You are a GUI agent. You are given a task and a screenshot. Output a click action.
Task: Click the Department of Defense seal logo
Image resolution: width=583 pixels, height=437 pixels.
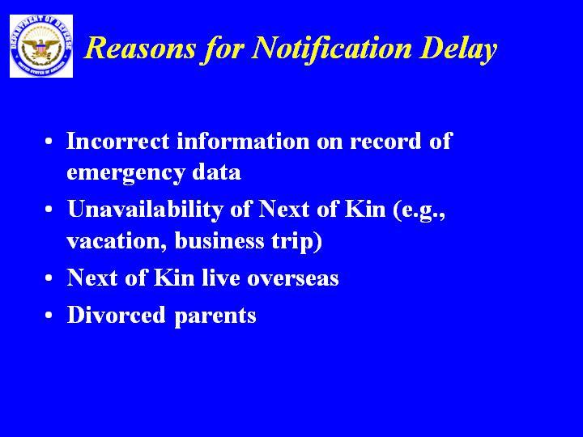(41, 46)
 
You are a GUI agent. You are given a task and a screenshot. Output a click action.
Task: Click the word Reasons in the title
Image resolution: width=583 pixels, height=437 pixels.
(140, 48)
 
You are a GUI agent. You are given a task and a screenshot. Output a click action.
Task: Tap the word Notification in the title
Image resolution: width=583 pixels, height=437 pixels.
(331, 49)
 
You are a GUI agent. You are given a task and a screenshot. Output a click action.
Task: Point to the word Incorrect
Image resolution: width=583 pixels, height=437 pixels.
(118, 141)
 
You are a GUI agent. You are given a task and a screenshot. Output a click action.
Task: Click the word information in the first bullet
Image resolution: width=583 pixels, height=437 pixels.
(243, 141)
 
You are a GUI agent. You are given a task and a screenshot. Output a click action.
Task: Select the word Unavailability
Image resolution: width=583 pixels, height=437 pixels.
(145, 210)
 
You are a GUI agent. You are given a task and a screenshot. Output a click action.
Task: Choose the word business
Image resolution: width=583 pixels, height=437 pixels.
(219, 240)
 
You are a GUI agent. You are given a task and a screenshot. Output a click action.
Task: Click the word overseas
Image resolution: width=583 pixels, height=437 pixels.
(293, 278)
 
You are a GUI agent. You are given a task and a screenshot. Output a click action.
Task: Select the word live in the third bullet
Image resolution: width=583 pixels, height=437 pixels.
(221, 277)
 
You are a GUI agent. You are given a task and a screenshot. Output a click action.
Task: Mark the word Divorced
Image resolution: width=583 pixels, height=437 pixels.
(116, 315)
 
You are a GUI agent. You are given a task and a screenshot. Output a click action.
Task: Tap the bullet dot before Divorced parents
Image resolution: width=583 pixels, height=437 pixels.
(49, 315)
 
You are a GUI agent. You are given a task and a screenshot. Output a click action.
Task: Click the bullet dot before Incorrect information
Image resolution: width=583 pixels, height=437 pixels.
(49, 142)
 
